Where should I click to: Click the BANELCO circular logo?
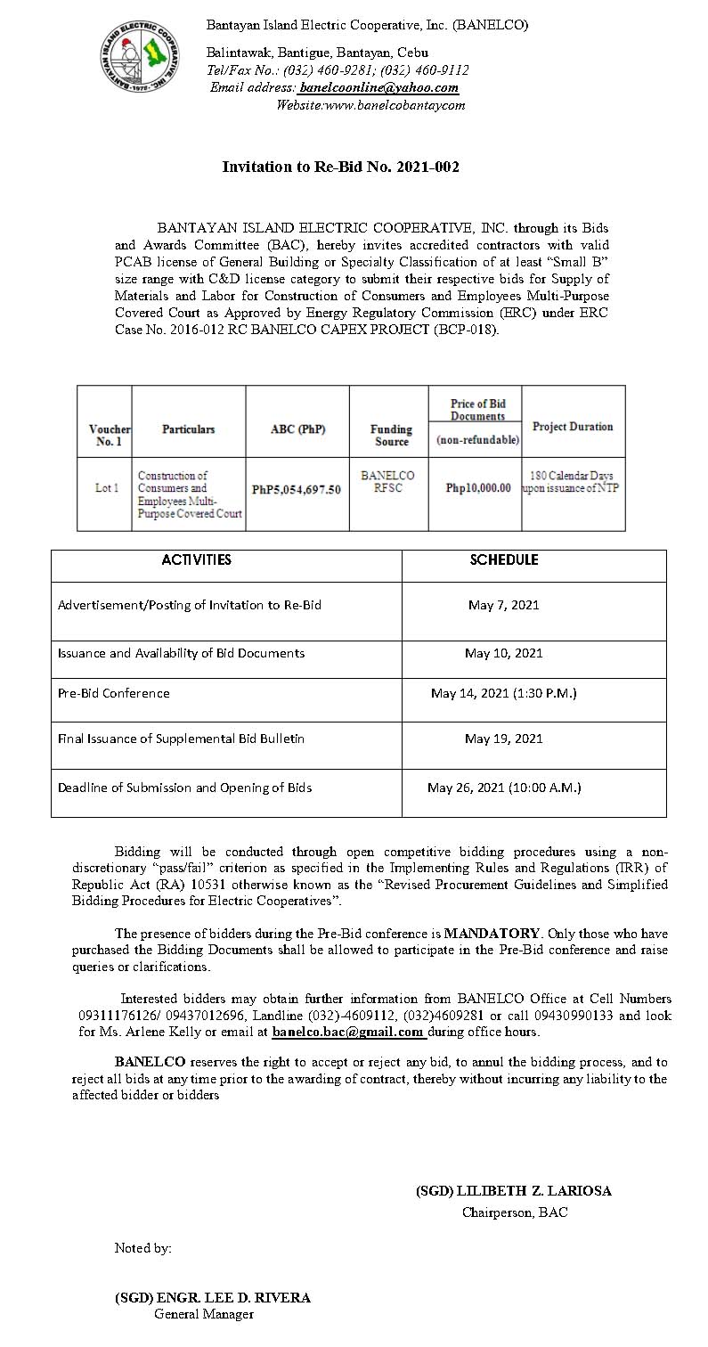pos(140,61)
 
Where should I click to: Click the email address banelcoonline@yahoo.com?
pos(379,87)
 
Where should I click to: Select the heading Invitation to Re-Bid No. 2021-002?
pos(340,167)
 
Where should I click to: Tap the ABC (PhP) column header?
pos(297,429)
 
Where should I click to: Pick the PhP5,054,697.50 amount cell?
pos(297,489)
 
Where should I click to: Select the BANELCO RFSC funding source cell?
pos(387,483)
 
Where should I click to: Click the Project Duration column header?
pos(573,427)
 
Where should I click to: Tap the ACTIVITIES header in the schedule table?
pos(196,560)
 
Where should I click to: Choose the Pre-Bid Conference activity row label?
pos(113,692)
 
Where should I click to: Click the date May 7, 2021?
pos(503,605)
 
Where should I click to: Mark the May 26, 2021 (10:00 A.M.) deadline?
pos(504,788)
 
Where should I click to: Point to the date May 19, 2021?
pos(503,739)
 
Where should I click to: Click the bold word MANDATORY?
pos(492,934)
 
